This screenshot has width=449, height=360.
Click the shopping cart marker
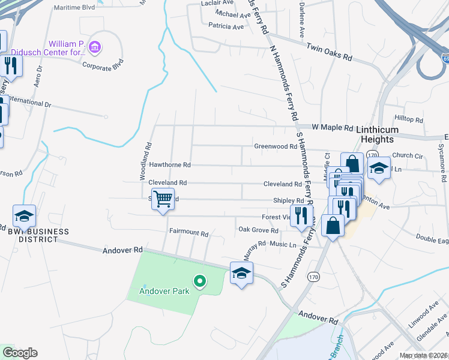(x=163, y=198)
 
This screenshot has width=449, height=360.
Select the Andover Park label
(x=164, y=292)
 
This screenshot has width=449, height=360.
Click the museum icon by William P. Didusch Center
(x=94, y=46)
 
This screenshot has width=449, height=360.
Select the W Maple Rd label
(x=333, y=127)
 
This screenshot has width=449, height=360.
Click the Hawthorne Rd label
(x=169, y=164)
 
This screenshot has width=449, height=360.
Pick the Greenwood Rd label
(x=276, y=146)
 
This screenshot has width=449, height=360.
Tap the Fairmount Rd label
(x=188, y=232)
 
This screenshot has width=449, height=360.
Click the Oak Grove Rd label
(x=258, y=230)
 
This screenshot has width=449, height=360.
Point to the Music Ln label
(x=283, y=244)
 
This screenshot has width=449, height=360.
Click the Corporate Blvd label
(x=103, y=62)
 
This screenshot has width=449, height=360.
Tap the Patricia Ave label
(x=226, y=26)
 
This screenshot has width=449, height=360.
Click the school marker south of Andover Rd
(x=241, y=273)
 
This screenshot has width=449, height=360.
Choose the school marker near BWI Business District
(x=25, y=216)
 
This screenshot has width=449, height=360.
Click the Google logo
(x=19, y=352)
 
